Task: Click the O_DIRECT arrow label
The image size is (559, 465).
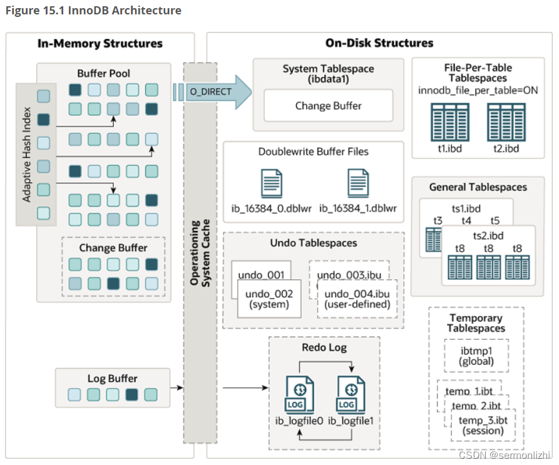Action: pyautogui.click(x=211, y=92)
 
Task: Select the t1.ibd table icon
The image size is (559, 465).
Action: pyautogui.click(x=450, y=122)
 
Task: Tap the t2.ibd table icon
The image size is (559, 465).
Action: pyautogui.click(x=506, y=122)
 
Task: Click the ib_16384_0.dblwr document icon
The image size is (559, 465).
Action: pyautogui.click(x=272, y=183)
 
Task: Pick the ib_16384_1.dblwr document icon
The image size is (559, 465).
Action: pyautogui.click(x=358, y=183)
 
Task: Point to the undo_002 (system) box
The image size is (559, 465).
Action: pyautogui.click(x=269, y=299)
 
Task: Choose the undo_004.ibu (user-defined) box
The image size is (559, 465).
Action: pyautogui.click(x=357, y=299)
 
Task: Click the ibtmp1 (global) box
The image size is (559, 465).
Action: pyautogui.click(x=476, y=356)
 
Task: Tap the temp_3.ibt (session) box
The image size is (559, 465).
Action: pyautogui.click(x=483, y=425)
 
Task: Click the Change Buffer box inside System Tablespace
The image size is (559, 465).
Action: pyautogui.click(x=329, y=106)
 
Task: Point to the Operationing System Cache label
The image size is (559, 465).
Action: pyautogui.click(x=200, y=253)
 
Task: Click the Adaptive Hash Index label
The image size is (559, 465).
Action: pyautogui.click(x=26, y=155)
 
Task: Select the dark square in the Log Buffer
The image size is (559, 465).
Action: pyautogui.click(x=131, y=395)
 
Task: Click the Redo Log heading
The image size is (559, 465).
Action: pyautogui.click(x=324, y=347)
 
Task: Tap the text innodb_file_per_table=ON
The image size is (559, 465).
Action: pyautogui.click(x=478, y=91)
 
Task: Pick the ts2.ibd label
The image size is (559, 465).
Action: pyautogui.click(x=488, y=235)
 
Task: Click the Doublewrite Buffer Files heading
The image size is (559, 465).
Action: pyautogui.click(x=314, y=152)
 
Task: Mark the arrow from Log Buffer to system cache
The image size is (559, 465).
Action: pyautogui.click(x=177, y=387)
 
